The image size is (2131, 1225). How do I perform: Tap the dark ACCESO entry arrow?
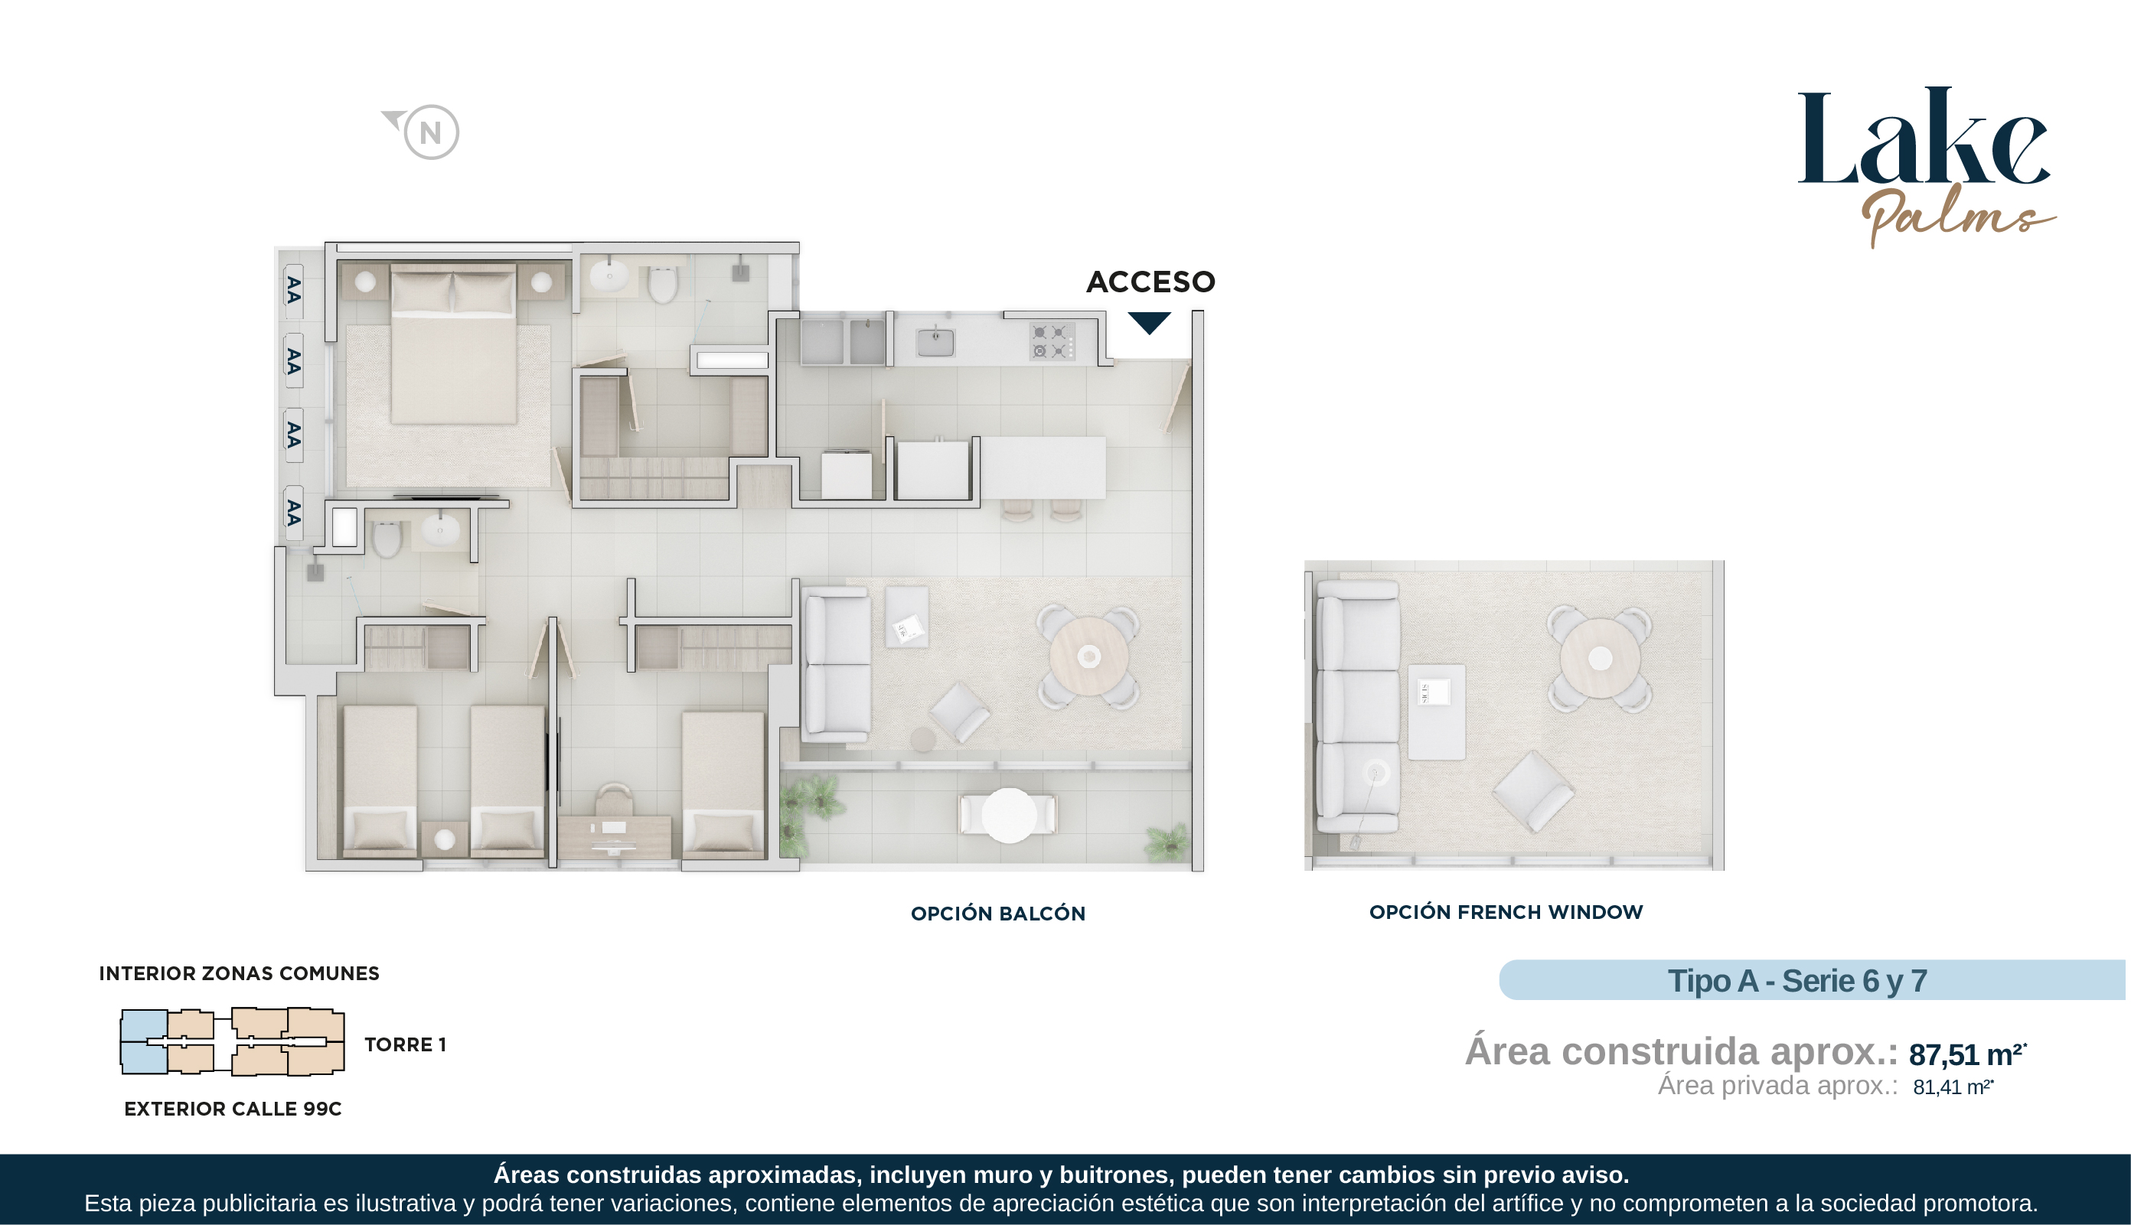click(1149, 322)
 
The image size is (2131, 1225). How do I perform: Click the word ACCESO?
click(1150, 282)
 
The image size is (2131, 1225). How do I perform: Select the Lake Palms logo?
click(1926, 167)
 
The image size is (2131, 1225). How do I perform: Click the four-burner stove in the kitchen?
click(1051, 341)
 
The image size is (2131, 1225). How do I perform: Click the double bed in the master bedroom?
click(454, 344)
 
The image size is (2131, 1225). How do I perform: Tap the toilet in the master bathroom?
click(662, 285)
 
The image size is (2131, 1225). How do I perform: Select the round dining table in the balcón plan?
click(1088, 656)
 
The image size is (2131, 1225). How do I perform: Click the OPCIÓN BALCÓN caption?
click(998, 914)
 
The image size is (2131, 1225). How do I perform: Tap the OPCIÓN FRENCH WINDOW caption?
click(1506, 912)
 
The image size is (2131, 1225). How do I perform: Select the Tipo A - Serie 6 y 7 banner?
click(1811, 980)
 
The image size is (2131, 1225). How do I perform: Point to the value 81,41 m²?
click(1953, 1087)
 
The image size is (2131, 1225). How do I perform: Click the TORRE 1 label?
click(405, 1045)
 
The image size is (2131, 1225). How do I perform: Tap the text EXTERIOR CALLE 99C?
click(233, 1109)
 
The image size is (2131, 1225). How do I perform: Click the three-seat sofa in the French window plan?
click(1358, 707)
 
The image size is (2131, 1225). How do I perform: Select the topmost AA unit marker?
click(294, 290)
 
